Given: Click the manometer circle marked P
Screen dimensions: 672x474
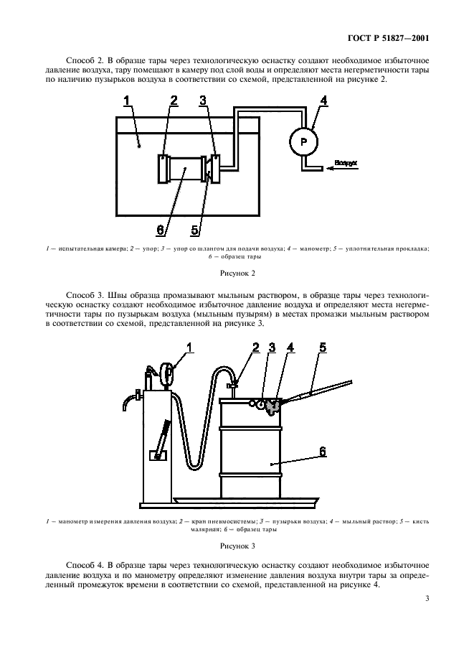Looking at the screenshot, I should [303, 142].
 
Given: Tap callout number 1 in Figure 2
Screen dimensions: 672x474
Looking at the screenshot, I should [126, 101].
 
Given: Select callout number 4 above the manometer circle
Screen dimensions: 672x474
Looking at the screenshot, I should [323, 101].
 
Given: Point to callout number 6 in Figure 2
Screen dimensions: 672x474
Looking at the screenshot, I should [161, 229].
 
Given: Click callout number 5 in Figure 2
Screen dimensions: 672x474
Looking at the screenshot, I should [195, 229].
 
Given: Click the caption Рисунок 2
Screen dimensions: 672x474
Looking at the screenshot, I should [237, 273].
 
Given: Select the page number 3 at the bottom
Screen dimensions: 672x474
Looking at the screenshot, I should [427, 598].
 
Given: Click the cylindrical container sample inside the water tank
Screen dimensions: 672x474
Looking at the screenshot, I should [186, 171].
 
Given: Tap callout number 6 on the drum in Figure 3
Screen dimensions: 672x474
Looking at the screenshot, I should [323, 452].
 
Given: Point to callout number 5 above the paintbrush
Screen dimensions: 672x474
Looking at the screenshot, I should [323, 347].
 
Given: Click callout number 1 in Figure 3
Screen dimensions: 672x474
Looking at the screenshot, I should [190, 347].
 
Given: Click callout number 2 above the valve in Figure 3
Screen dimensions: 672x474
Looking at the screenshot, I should [255, 347].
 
